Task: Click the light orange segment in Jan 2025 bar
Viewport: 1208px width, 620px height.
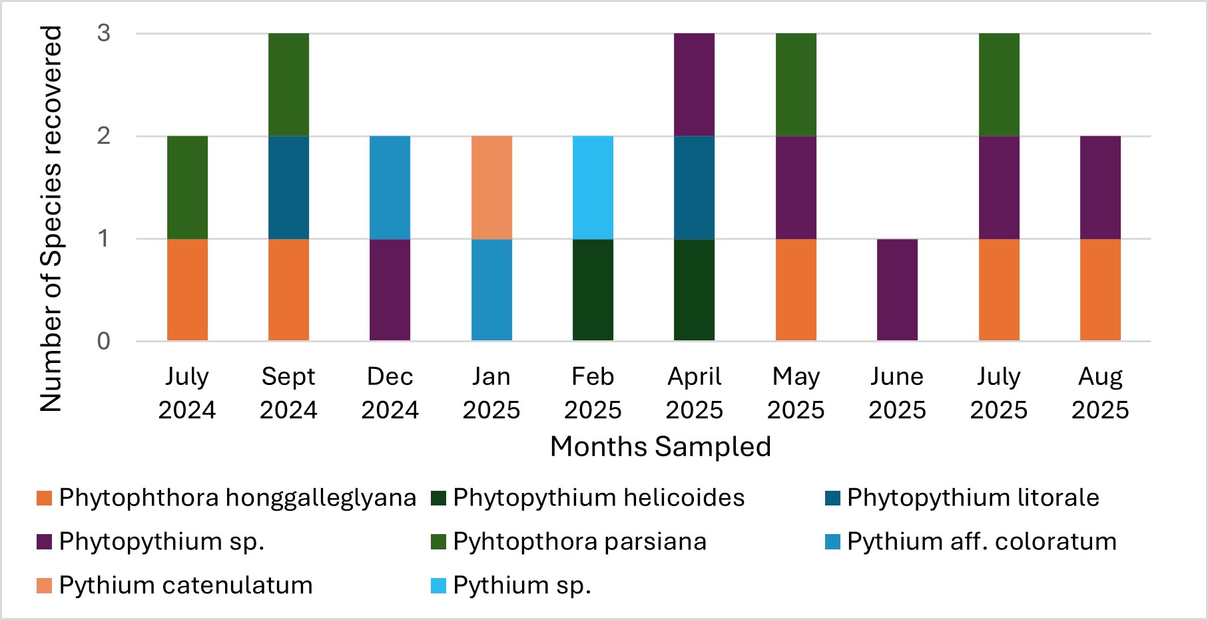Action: coord(491,187)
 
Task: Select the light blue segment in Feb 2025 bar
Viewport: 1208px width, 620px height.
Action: coord(593,187)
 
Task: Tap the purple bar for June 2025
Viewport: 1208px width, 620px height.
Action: coord(897,290)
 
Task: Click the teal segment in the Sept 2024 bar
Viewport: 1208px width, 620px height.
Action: coord(288,187)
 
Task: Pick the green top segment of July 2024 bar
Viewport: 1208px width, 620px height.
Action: coord(187,187)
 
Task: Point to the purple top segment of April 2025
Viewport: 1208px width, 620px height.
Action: coord(694,85)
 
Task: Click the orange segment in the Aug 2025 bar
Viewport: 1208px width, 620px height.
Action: coord(1100,290)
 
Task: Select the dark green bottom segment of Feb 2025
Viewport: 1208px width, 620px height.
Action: coord(593,290)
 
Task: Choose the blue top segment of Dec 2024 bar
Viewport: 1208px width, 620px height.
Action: coord(390,187)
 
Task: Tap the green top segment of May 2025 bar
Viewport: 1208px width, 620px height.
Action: coord(796,85)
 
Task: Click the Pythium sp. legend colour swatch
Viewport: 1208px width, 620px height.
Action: coord(439,586)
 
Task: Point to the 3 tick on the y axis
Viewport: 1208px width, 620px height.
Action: coord(104,33)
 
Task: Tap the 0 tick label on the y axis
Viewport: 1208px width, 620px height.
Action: coord(104,342)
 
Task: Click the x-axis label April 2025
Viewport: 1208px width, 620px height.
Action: coord(694,393)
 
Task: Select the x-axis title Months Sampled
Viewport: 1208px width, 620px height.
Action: coord(660,447)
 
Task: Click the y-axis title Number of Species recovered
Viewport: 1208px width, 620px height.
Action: coord(51,218)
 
